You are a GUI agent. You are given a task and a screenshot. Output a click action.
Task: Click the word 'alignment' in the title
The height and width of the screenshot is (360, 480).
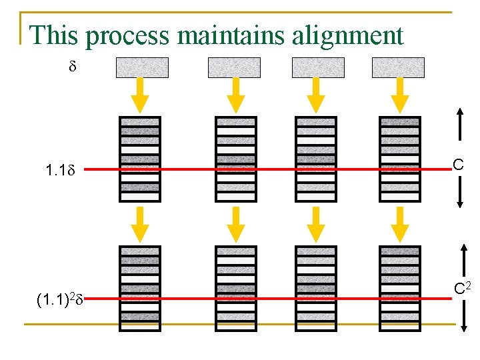347,35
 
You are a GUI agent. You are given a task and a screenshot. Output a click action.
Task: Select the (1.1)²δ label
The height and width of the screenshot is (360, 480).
59,300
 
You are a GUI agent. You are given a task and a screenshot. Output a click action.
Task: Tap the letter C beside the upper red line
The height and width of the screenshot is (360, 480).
459,165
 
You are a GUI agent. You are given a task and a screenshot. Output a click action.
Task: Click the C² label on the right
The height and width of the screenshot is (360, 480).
462,288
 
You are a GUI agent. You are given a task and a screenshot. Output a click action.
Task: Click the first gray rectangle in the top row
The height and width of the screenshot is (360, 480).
143,67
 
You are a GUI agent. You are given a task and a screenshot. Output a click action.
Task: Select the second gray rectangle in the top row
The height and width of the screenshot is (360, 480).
234,67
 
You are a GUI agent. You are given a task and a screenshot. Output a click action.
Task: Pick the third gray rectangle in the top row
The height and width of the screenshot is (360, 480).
318,67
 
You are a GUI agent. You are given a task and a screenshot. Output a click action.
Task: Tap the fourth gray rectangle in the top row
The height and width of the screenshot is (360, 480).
398,67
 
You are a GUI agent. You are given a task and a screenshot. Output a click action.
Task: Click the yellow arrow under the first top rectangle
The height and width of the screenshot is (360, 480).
140,95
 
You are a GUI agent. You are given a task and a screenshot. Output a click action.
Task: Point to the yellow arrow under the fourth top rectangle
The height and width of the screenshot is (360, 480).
399,95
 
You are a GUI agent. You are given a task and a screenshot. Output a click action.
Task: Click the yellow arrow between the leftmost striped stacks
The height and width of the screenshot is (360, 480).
140,223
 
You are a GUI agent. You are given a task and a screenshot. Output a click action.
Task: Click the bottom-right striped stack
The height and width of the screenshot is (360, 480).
399,288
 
